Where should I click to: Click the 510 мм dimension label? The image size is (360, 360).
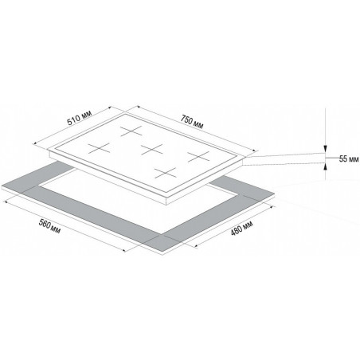click(80, 118)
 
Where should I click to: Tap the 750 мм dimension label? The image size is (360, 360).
click(192, 121)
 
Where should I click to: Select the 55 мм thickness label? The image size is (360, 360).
click(349, 159)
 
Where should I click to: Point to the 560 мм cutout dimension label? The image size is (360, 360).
click(49, 226)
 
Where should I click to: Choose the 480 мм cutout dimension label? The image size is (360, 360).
click(241, 228)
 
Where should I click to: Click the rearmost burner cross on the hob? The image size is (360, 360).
click(131, 131)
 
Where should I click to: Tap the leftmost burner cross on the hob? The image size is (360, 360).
click(99, 148)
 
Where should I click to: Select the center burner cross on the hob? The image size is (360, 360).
click(151, 149)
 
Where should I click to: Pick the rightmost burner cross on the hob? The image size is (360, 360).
click(198, 156)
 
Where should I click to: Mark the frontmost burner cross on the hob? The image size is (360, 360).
click(166, 173)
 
